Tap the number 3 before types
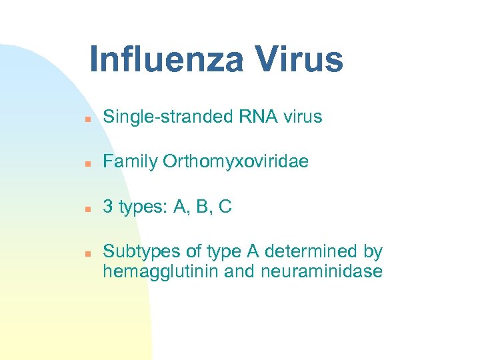point(107,207)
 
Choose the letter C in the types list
point(225,207)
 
